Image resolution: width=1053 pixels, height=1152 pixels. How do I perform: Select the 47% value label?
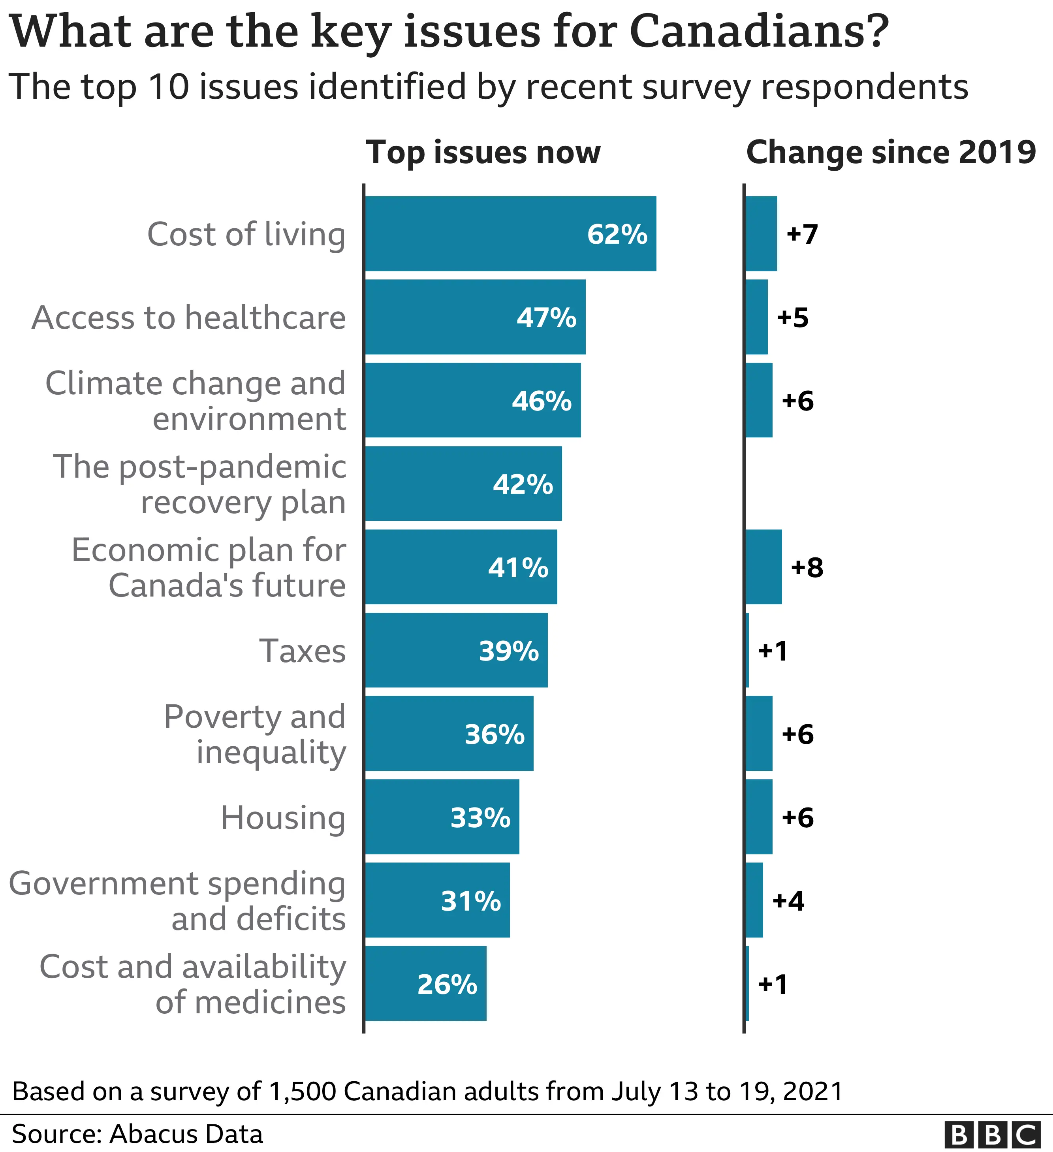(x=546, y=317)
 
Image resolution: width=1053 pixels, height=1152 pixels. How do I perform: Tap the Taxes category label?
(x=302, y=650)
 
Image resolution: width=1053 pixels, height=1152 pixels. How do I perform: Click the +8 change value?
(x=807, y=567)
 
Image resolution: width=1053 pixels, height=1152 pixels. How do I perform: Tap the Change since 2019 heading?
(x=890, y=152)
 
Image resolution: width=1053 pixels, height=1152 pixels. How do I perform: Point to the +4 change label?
(x=788, y=901)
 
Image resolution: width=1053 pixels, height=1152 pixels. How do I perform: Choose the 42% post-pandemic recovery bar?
(x=463, y=484)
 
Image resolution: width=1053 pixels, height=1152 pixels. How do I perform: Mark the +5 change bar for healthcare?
(x=756, y=317)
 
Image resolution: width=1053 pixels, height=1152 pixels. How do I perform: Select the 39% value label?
(x=508, y=651)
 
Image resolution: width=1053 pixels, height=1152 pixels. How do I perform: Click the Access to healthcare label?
(x=188, y=317)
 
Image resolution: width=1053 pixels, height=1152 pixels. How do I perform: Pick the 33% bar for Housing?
(x=442, y=817)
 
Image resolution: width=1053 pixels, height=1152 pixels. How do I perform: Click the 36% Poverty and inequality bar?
(x=449, y=733)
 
